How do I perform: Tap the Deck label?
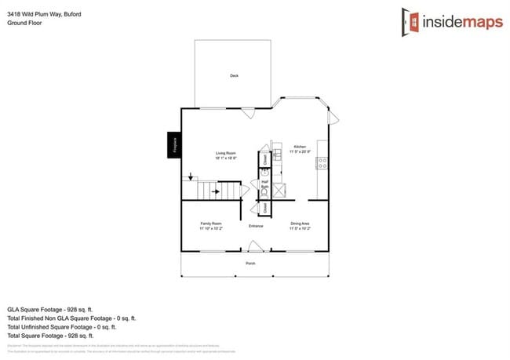pos(234,75)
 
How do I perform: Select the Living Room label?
pos(226,155)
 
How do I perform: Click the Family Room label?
pos(210,226)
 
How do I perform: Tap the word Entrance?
pos(256,227)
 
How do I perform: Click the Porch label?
pos(250,263)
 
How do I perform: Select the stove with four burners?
pos(322,163)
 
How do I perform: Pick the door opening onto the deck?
pos(248,113)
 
